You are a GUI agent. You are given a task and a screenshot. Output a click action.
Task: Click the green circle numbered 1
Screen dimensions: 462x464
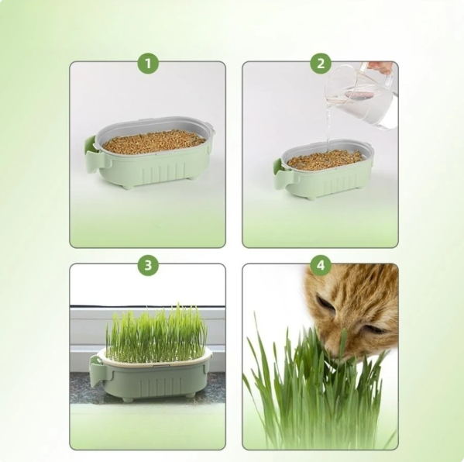(x=147, y=64)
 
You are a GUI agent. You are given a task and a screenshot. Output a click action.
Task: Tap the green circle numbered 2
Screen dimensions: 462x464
(x=320, y=64)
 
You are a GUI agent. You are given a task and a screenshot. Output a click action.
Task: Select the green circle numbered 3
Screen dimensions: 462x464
(x=147, y=266)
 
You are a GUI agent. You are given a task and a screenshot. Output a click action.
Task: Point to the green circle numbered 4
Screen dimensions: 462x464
(x=320, y=266)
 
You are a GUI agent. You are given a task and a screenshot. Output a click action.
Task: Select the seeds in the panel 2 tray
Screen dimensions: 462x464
(x=325, y=160)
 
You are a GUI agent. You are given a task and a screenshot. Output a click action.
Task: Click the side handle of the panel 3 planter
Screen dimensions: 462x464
(x=96, y=370)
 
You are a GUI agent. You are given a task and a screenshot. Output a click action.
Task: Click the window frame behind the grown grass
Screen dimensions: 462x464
(x=85, y=326)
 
